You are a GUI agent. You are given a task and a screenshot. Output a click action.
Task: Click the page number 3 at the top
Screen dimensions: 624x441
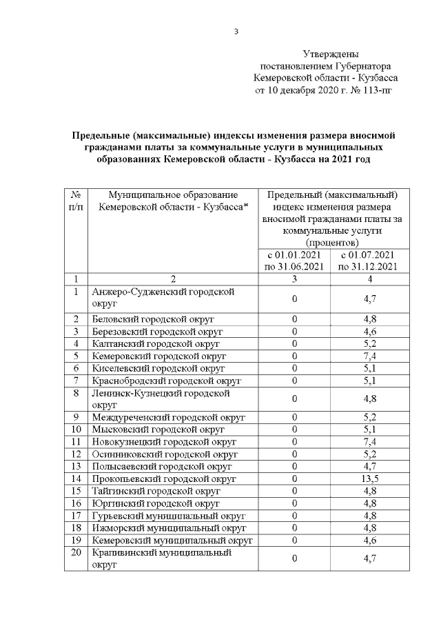pyautogui.click(x=236, y=30)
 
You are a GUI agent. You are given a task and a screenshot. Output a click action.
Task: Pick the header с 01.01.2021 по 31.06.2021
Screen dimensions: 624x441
pyautogui.click(x=294, y=261)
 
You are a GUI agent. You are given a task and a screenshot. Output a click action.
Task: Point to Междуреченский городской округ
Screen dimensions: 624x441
pyautogui.click(x=168, y=417)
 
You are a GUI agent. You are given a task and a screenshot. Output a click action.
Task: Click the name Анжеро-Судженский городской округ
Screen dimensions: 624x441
pyautogui.click(x=163, y=297)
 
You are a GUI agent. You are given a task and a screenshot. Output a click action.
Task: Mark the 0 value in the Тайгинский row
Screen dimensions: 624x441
pyautogui.click(x=294, y=490)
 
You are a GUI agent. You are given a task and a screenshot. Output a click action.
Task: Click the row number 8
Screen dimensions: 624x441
pyautogui.click(x=76, y=393)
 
